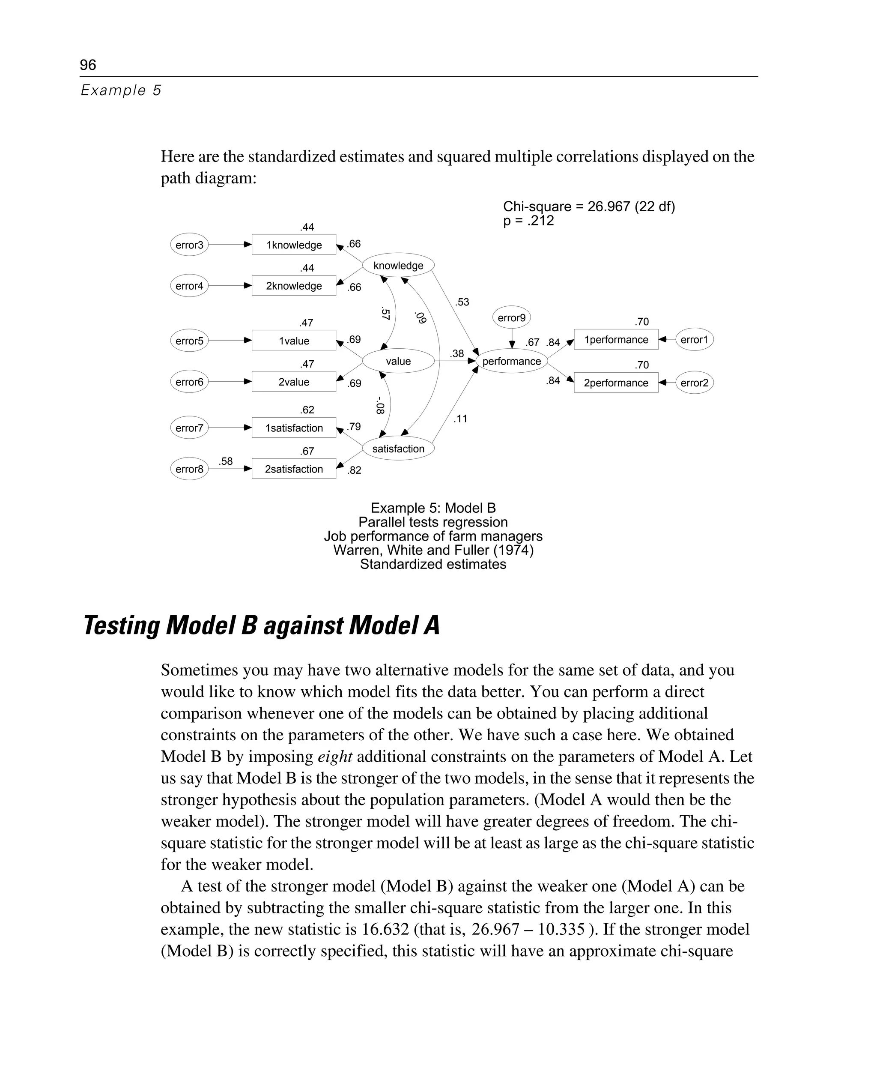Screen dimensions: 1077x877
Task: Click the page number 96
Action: [88, 65]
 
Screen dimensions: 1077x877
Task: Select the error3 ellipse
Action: [189, 245]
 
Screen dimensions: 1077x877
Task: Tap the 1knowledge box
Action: [293, 245]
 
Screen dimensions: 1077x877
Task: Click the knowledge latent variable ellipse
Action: [398, 265]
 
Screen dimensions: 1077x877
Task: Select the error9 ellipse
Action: [511, 318]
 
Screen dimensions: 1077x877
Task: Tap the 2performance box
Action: [616, 383]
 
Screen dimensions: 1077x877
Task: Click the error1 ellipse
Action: [694, 340]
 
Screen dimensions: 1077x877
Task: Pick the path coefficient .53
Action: [462, 302]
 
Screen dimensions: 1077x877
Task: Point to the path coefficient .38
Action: [456, 354]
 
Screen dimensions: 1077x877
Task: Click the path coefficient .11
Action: [460, 419]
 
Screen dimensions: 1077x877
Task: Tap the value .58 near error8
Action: [225, 461]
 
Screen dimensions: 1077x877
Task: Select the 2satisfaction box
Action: [293, 469]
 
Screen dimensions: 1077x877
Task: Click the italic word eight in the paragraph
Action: [334, 757]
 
